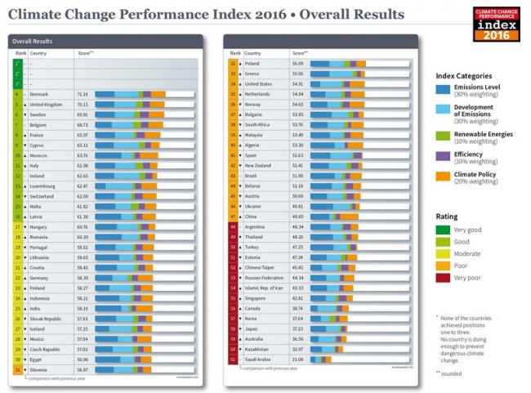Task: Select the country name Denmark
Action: pos(39,94)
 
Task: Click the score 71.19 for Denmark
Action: pos(83,94)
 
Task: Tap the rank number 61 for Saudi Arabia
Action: pos(233,359)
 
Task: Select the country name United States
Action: pos(259,83)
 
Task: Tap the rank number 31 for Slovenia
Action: pos(17,369)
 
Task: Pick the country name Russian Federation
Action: pos(264,277)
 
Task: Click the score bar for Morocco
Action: pos(131,155)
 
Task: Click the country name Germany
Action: pos(39,277)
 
